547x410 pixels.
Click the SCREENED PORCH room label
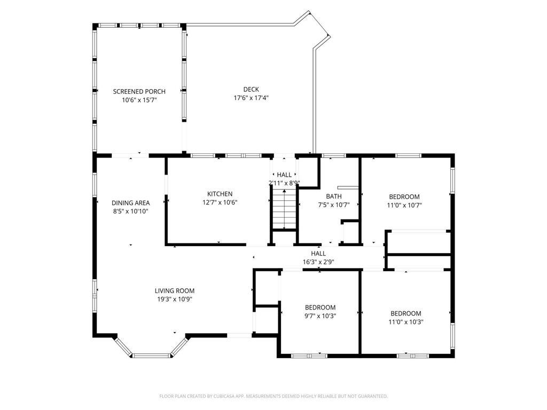coord(139,91)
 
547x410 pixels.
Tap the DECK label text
coord(251,89)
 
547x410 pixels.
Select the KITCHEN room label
coord(220,194)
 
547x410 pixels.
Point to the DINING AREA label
coord(130,203)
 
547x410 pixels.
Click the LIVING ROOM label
coord(175,291)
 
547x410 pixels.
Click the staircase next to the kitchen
coord(284,210)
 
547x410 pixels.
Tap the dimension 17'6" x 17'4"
coord(251,98)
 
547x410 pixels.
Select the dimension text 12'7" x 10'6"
coord(220,202)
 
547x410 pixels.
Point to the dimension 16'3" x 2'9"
coord(318,262)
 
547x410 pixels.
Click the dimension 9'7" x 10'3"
coord(320,316)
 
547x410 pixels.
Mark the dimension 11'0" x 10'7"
coord(404,205)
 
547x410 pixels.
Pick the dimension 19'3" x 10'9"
coord(175,299)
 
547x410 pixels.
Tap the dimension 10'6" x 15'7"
coord(139,100)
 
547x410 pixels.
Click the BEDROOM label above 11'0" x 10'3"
coord(405,313)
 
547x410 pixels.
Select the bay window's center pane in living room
coord(151,356)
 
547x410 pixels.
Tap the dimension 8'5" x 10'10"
coord(130,211)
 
